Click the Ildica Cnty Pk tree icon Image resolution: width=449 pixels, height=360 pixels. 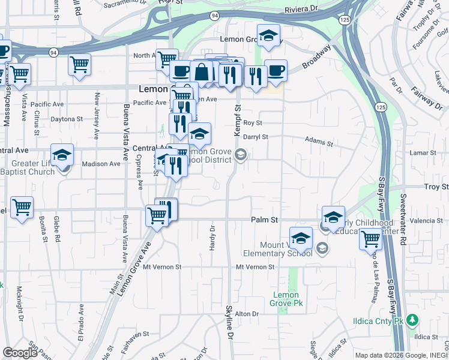tap(412, 320)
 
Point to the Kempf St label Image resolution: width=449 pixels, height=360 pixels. tap(237, 112)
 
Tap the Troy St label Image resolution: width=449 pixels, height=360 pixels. tap(436, 187)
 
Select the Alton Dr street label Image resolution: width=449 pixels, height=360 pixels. tap(246, 314)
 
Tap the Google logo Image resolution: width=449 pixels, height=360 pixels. tap(20, 353)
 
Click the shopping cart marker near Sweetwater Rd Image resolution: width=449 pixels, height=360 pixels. tap(371, 239)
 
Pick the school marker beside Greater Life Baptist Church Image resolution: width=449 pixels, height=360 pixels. tap(62, 155)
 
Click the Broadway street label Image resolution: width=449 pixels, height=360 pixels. tap(316, 56)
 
